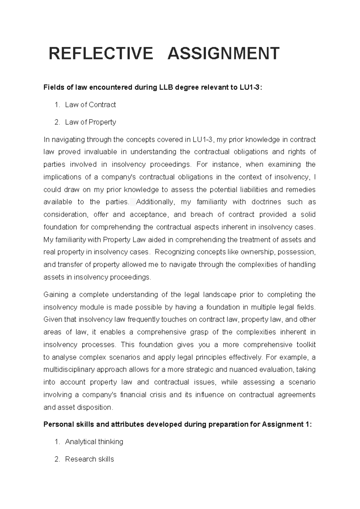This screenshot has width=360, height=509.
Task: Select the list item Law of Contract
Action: coord(90,105)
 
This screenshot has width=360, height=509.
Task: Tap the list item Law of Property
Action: coord(90,122)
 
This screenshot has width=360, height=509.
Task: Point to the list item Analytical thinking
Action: coord(94,442)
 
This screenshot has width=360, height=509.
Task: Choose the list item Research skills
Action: coord(89,459)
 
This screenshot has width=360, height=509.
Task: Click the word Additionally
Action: coord(155,202)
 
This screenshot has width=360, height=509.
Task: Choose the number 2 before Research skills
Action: coord(57,459)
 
